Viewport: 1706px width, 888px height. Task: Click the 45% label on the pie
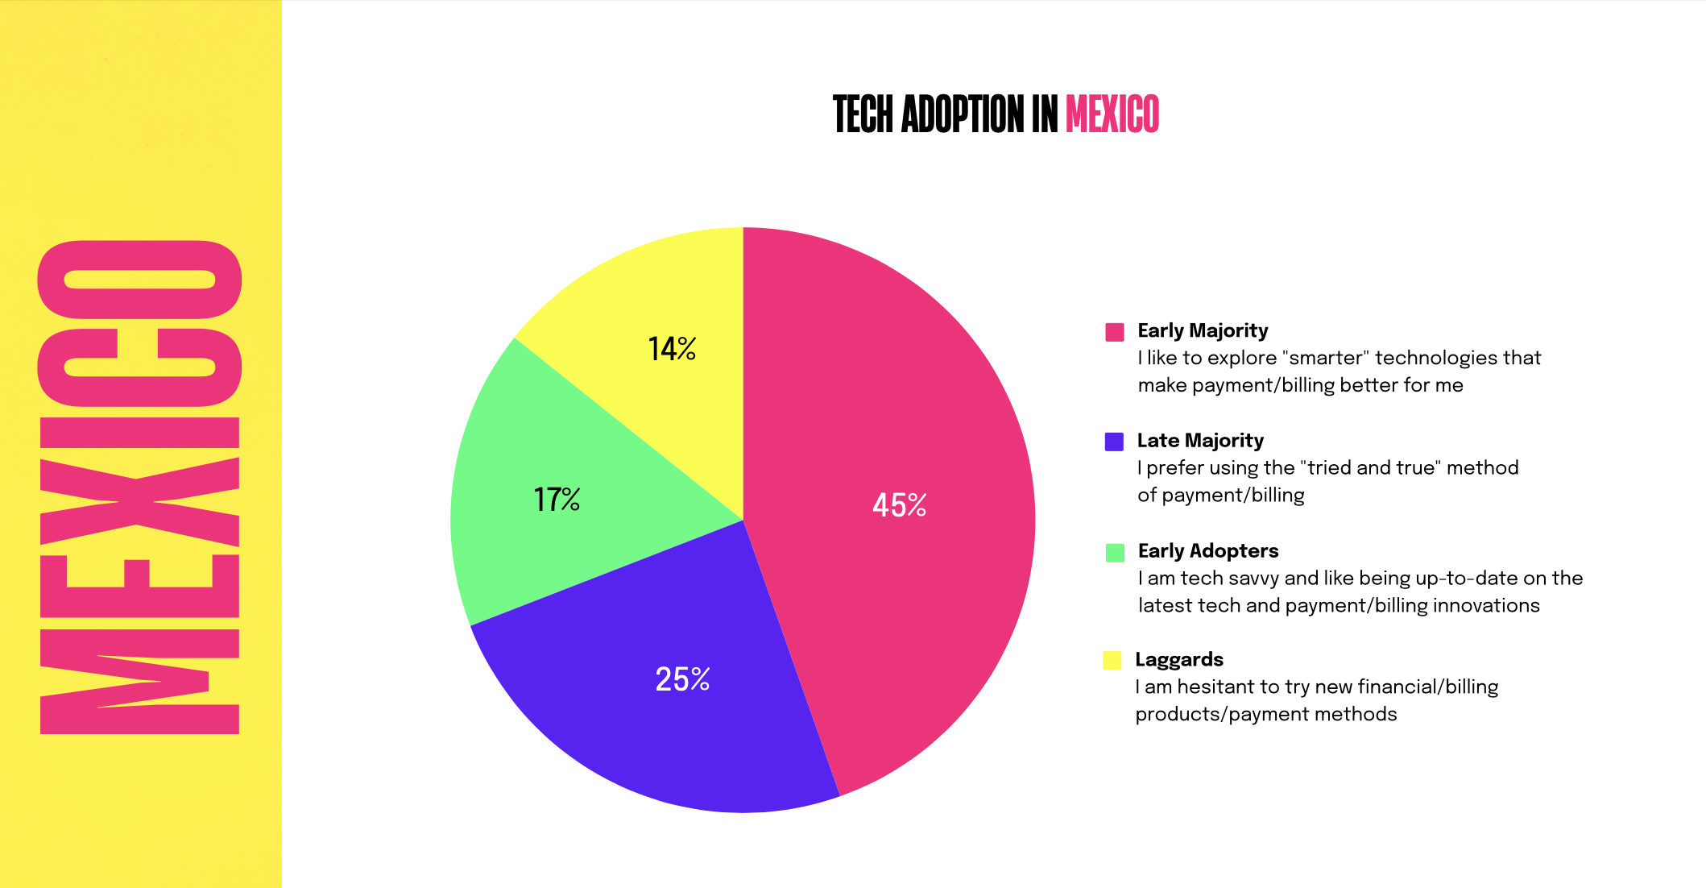899,505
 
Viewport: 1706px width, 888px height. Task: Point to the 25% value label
682,679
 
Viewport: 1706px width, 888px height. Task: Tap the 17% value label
557,500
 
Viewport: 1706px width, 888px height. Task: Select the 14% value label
672,349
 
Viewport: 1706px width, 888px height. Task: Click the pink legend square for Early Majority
1115,332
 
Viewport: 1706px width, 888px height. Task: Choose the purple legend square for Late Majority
1114,442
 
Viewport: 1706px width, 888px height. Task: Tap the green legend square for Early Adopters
1115,552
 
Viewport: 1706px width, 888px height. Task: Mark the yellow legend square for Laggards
1112,661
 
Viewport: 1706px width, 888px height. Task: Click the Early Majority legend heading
1203,330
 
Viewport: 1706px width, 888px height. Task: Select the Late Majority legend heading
1200,441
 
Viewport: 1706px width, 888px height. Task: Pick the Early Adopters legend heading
1208,551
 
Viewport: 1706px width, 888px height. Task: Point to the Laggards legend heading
1179,660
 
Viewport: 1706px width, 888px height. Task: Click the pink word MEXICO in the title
1112,114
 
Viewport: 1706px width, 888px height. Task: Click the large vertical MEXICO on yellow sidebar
139,488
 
